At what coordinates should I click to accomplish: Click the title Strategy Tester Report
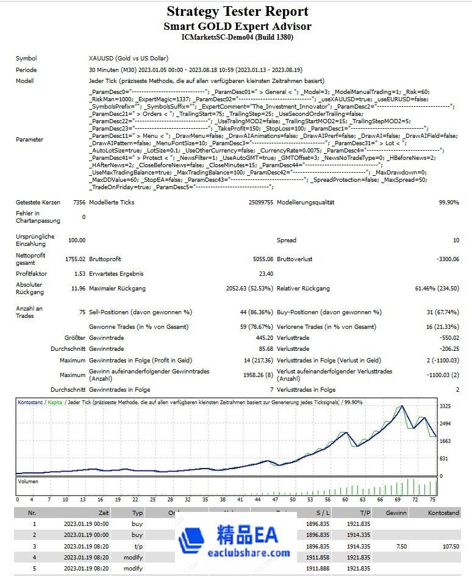tap(237, 12)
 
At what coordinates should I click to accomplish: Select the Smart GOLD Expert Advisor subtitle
tap(237, 26)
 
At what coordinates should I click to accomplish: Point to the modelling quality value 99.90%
tap(448, 202)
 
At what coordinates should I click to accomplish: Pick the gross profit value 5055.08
tap(259, 259)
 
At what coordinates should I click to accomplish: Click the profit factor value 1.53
tap(79, 274)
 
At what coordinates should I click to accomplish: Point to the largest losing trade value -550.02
tap(448, 337)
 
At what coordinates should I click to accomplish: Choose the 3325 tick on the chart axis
tap(445, 406)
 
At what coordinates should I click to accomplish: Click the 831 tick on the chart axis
tap(444, 458)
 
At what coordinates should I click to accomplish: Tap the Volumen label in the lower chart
tap(28, 481)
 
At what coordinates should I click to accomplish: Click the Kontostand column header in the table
tap(443, 513)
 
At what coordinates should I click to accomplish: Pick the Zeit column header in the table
tap(104, 513)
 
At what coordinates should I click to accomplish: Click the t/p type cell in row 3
tap(138, 546)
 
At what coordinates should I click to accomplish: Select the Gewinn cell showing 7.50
tap(401, 546)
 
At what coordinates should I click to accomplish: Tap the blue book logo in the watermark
tap(194, 539)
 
